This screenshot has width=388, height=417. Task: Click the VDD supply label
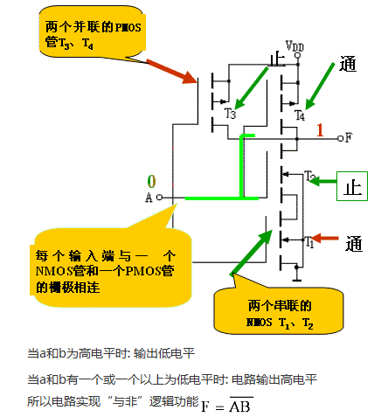click(x=295, y=45)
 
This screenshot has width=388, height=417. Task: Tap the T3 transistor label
click(x=230, y=114)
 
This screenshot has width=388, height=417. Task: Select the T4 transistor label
click(x=300, y=115)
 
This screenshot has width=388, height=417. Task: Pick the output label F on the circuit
click(x=349, y=137)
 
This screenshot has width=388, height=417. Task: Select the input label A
click(x=149, y=198)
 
